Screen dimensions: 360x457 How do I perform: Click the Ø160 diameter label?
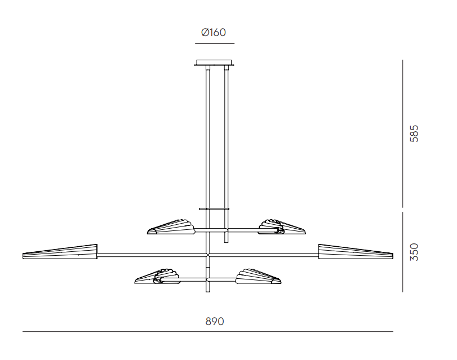214,33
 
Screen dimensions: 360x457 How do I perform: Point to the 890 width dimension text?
215,321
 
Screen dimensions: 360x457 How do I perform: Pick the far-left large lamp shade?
60,252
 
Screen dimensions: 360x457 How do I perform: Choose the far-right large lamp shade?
356,252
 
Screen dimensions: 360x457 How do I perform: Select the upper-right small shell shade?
281,226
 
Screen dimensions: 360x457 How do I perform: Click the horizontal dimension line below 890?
207,332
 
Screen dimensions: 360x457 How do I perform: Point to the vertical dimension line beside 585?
403,133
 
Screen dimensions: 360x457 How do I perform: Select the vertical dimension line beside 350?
403,252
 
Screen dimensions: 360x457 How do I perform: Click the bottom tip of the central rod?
208,291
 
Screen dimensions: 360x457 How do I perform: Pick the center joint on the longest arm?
208,255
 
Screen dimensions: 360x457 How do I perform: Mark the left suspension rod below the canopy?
208,135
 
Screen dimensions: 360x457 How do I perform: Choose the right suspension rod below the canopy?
227,135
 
